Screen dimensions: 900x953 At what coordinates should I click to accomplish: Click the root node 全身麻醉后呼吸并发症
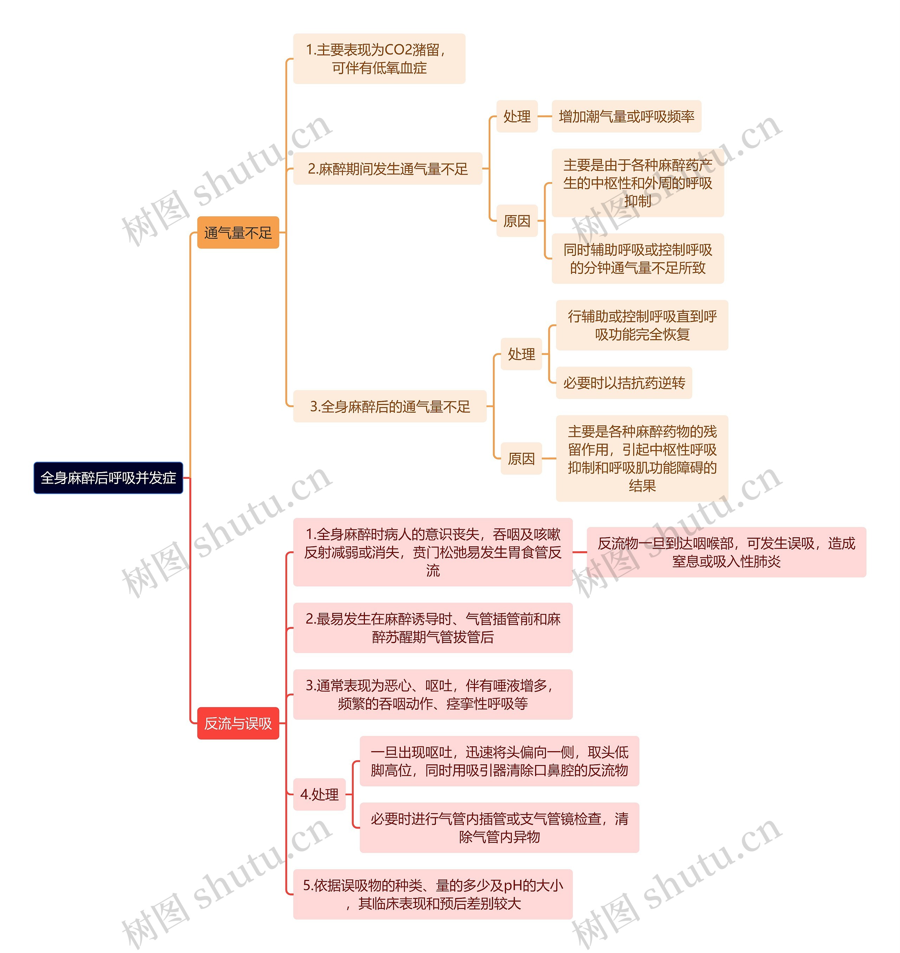click(x=108, y=478)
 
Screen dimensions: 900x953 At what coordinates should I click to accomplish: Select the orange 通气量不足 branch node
click(x=238, y=233)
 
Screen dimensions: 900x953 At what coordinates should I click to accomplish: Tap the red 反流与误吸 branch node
click(x=238, y=723)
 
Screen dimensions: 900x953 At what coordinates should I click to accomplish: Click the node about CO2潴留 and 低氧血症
click(x=379, y=58)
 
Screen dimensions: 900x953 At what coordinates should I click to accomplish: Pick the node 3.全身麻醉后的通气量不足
click(x=390, y=406)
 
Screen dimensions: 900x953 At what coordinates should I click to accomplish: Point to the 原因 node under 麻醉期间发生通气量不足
click(x=517, y=221)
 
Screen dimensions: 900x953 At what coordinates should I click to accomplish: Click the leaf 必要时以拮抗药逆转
click(x=624, y=383)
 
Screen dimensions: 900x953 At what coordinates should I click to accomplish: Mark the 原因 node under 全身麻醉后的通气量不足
click(x=521, y=458)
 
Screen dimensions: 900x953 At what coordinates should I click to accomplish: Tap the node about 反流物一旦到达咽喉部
click(x=726, y=552)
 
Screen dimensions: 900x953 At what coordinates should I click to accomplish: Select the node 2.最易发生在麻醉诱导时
click(x=432, y=628)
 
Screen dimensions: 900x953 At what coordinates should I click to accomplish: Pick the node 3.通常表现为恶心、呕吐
click(x=432, y=695)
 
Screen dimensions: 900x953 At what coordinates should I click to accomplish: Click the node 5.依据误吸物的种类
click(x=432, y=894)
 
